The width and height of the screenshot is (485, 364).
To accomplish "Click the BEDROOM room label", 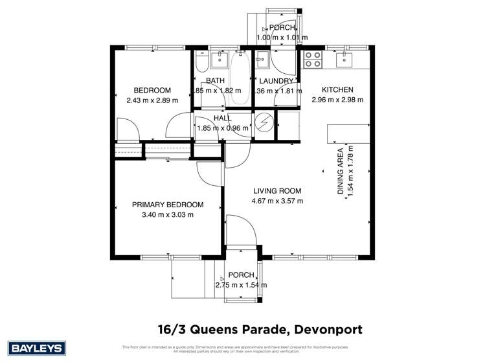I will coord(152,90).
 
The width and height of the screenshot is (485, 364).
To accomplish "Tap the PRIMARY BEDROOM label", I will coord(163,205).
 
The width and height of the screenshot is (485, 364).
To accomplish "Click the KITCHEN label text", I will coord(337,90).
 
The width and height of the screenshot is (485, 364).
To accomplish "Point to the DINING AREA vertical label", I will coord(340,172).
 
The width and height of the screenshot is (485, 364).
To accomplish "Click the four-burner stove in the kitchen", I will coord(313,60).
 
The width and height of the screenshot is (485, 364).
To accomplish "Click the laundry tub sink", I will coord(262,60).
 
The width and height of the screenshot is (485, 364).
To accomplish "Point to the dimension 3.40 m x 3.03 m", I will coord(163,214).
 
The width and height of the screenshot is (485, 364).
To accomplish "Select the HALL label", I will coord(223,119).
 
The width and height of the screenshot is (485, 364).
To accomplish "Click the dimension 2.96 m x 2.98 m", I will coord(337,100).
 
